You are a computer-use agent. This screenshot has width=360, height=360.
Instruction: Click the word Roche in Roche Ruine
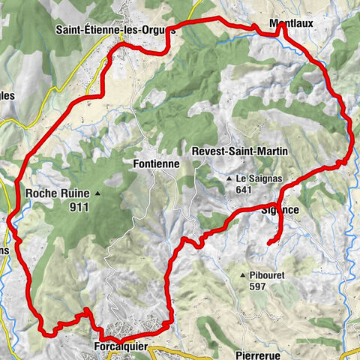click(x=44, y=193)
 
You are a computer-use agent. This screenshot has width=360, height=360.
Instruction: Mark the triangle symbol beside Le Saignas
click(x=229, y=179)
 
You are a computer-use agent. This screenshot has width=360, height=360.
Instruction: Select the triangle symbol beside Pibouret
click(x=243, y=276)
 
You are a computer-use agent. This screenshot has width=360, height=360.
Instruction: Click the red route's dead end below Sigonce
click(x=268, y=243)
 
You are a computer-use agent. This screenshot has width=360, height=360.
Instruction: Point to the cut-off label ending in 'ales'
click(x=7, y=95)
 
